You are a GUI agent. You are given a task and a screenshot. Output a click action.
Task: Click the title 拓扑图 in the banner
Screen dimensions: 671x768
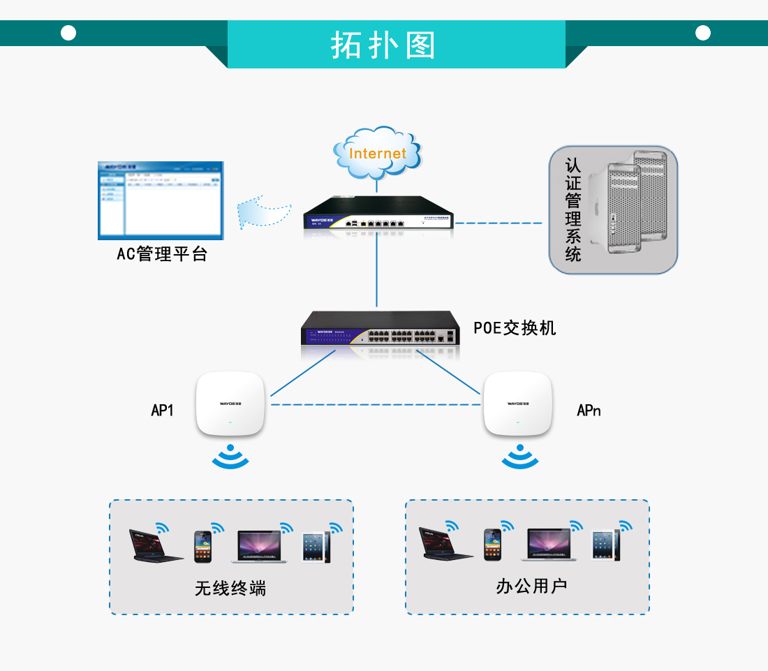tap(383, 45)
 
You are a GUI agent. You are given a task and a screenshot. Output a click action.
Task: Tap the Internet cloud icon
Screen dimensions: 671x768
tap(378, 152)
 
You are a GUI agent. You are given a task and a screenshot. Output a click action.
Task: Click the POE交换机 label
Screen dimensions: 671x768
tap(515, 327)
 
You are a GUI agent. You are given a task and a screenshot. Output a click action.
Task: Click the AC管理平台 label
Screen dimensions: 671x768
tap(162, 253)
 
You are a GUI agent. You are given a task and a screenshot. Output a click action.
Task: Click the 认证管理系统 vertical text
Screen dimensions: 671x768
tap(573, 210)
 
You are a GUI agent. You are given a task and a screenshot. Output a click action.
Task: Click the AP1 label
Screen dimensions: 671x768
tap(162, 410)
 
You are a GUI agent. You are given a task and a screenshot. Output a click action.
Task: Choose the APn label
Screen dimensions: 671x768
tap(589, 410)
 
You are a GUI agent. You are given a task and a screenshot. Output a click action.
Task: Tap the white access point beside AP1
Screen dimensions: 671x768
tap(230, 404)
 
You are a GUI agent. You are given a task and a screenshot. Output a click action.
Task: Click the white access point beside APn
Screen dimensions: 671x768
tap(517, 404)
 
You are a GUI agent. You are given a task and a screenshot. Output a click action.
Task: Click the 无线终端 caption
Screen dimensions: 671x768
tap(230, 588)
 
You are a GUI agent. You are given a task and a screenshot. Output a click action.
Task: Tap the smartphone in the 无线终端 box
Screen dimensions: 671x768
tap(202, 547)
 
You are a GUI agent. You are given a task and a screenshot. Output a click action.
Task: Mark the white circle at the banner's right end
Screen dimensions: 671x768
tap(703, 33)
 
